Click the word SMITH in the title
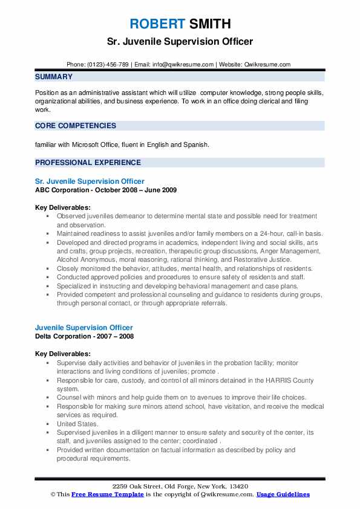pyautogui.click(x=209, y=25)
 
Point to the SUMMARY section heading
pyautogui.click(x=54, y=77)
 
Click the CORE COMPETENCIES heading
pyautogui.click(x=76, y=126)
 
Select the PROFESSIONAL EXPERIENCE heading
pyautogui.click(x=88, y=163)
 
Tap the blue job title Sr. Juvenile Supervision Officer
pyautogui.click(x=90, y=181)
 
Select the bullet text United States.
pyautogui.click(x=77, y=424)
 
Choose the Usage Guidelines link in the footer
pyautogui.click(x=283, y=494)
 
